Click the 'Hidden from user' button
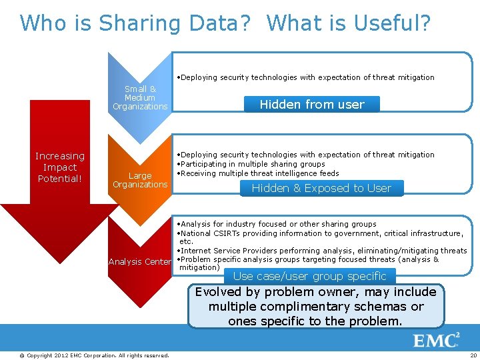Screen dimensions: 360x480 [x=312, y=104]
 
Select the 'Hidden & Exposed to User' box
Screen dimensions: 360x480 [x=321, y=188]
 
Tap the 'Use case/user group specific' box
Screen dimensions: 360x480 [x=310, y=276]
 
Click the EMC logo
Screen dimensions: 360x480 [x=436, y=341]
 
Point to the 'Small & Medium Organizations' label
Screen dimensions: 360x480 [x=140, y=98]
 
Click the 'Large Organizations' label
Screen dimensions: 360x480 [x=140, y=180]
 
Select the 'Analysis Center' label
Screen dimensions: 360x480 [x=140, y=262]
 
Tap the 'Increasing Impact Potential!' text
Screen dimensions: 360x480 [x=60, y=167]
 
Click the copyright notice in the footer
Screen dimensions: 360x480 [x=94, y=355]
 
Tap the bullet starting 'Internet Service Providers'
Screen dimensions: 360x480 [x=322, y=251]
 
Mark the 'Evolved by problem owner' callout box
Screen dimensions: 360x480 [x=315, y=307]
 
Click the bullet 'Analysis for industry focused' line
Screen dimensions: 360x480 [x=279, y=224]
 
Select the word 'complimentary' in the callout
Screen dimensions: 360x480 [x=301, y=307]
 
